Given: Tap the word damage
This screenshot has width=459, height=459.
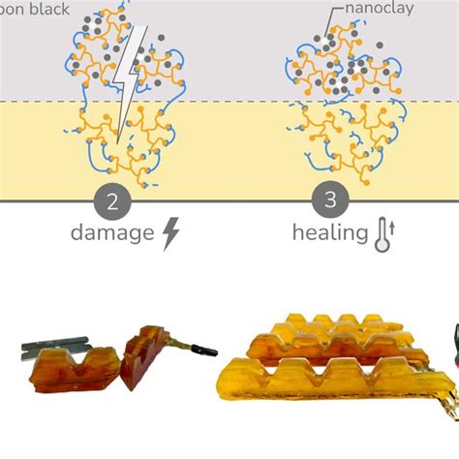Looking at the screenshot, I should point(112,233).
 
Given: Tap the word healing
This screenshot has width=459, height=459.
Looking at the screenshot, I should point(329,233).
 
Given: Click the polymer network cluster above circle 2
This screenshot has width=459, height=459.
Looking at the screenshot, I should point(116,107).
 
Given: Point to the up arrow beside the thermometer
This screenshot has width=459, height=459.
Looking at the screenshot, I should point(394,233).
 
